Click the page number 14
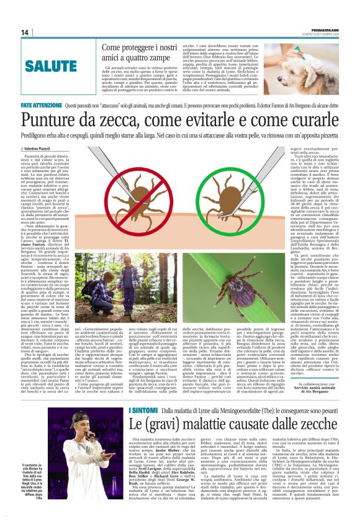click(x=25, y=32)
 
